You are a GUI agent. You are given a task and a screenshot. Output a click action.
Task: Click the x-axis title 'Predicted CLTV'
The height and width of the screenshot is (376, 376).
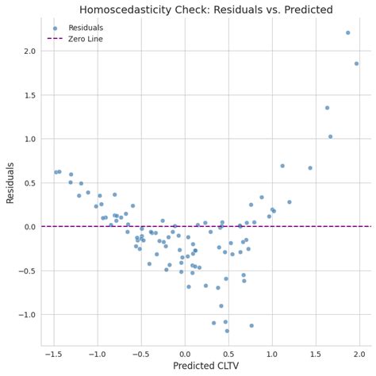pos(206,366)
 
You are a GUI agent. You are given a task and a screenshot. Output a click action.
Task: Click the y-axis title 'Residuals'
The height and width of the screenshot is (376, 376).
pos(10,182)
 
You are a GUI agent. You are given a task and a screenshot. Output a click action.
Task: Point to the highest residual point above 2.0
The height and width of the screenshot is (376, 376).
pos(347,33)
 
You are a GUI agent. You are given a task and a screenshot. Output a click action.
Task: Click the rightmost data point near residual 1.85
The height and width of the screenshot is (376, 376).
pos(356,63)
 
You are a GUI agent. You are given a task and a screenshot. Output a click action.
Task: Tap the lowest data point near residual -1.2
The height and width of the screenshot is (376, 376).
pos(227,331)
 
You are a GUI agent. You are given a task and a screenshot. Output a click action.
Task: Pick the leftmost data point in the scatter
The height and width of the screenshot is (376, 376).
pos(56,172)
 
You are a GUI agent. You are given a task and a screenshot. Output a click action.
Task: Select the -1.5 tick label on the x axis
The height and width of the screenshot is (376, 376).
pos(54,354)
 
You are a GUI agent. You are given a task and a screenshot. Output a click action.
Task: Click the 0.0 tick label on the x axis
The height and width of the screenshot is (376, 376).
pos(185,354)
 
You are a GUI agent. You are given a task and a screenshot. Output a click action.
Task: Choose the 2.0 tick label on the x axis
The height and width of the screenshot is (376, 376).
pos(359,354)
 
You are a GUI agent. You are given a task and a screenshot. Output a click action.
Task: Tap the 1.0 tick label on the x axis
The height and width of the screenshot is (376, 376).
pos(272,354)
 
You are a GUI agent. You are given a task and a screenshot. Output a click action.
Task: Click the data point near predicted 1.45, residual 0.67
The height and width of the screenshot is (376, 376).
pos(310,168)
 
